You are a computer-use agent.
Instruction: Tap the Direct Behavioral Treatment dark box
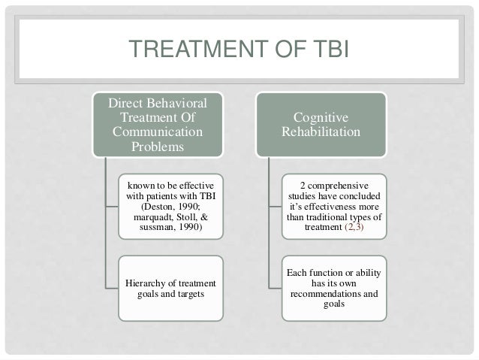(x=158, y=124)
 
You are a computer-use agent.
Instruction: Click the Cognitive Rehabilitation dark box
(x=321, y=124)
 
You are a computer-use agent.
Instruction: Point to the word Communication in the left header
(x=158, y=132)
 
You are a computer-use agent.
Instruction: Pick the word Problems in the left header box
(x=158, y=146)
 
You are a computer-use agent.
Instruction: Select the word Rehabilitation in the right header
(x=321, y=132)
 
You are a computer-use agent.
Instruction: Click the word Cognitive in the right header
(x=321, y=118)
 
